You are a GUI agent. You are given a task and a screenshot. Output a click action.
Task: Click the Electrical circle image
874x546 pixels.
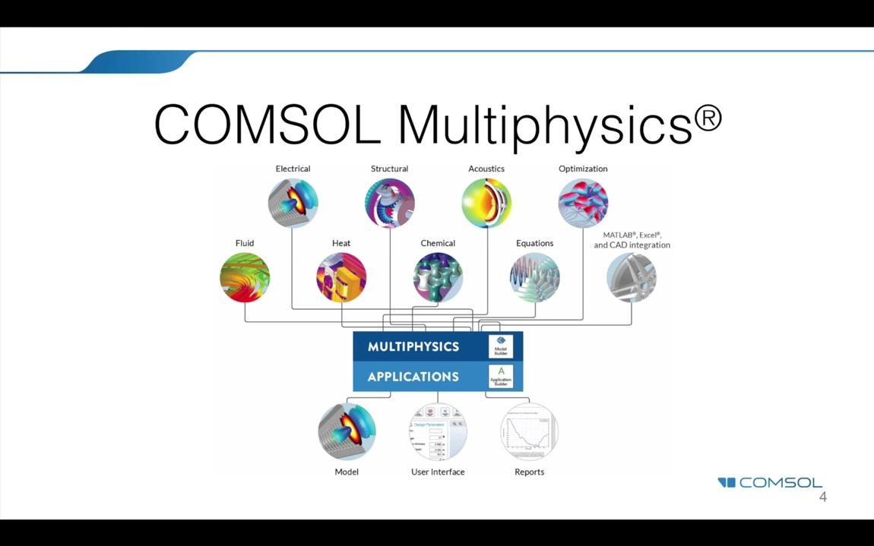pyautogui.click(x=293, y=203)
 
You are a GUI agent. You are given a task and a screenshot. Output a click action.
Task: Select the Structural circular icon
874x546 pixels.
pyautogui.click(x=389, y=203)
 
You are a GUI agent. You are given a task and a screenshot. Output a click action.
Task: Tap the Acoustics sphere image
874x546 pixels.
pyautogui.click(x=486, y=203)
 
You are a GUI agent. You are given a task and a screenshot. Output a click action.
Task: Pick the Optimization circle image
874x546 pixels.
pyautogui.click(x=583, y=203)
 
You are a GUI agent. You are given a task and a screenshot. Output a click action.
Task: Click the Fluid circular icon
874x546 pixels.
pyautogui.click(x=245, y=277)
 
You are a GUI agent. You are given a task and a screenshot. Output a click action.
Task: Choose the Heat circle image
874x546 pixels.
pyautogui.click(x=341, y=277)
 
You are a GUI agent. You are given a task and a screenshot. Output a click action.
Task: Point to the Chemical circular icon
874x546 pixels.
pyautogui.click(x=438, y=277)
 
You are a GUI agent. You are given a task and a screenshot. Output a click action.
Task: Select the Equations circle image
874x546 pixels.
pyautogui.click(x=534, y=277)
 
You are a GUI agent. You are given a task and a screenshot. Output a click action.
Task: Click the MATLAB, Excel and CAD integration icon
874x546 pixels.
pyautogui.click(x=632, y=277)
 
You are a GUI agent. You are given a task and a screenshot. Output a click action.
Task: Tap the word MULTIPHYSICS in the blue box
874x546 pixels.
pyautogui.click(x=413, y=346)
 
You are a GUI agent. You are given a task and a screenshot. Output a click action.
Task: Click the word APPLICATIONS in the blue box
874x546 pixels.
pyautogui.click(x=413, y=377)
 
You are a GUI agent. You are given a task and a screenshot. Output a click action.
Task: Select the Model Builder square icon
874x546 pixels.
pyautogui.click(x=501, y=346)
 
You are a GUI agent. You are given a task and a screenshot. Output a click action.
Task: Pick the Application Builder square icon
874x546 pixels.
pyautogui.click(x=501, y=377)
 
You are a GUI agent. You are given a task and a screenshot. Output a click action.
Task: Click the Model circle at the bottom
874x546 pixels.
pyautogui.click(x=347, y=431)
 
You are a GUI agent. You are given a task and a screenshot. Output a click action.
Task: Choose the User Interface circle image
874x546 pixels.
pyautogui.click(x=438, y=431)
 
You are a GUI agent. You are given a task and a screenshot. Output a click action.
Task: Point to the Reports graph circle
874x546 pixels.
pyautogui.click(x=529, y=431)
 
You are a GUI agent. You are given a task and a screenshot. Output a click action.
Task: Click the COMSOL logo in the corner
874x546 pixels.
pyautogui.click(x=770, y=482)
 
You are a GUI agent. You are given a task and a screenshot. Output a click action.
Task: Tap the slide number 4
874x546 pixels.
pyautogui.click(x=822, y=497)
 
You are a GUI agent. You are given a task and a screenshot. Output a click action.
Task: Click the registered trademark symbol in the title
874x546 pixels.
pyautogui.click(x=708, y=119)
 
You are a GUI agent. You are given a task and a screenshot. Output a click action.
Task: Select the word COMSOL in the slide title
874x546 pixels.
pyautogui.click(x=267, y=124)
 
